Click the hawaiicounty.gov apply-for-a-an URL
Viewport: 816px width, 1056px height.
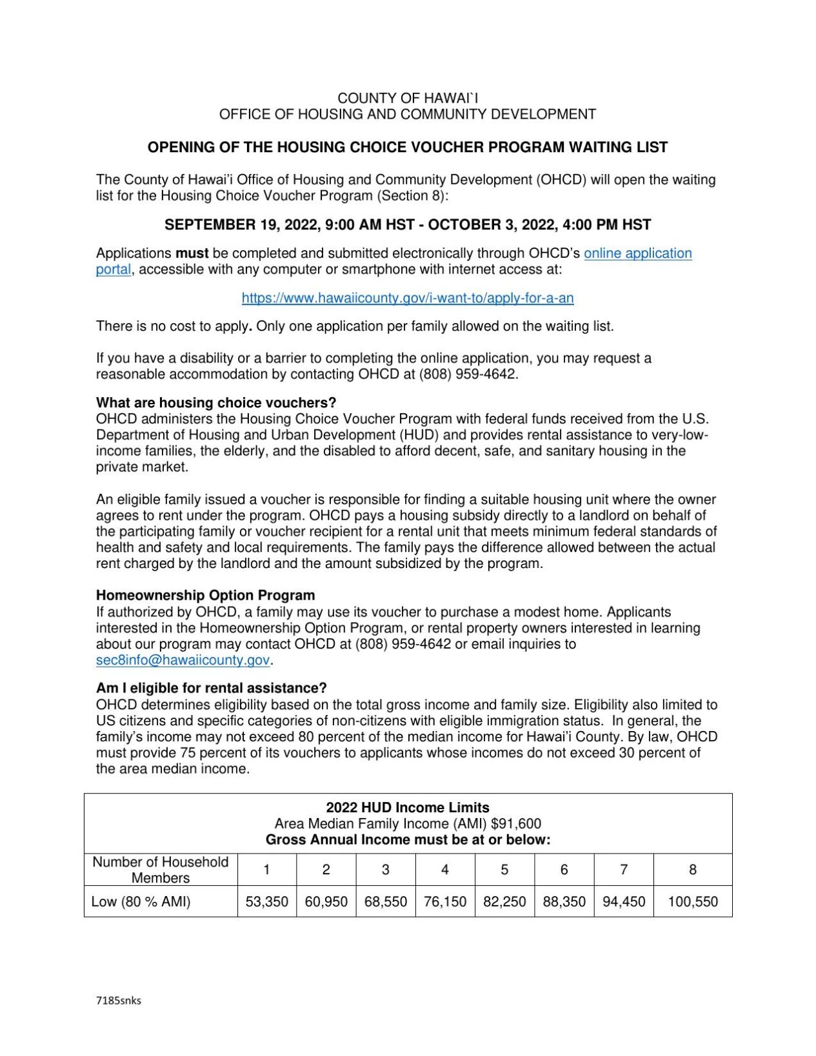coord(407,298)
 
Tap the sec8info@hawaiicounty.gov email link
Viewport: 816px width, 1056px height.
coord(183,660)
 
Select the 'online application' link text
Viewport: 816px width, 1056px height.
coord(637,253)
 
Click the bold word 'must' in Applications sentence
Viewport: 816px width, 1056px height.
coord(192,253)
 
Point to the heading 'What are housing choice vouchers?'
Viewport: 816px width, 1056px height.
coord(216,403)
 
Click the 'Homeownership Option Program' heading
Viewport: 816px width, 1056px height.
coord(205,595)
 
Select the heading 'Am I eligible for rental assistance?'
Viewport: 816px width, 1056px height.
coord(211,688)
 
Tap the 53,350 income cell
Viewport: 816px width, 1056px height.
coord(266,901)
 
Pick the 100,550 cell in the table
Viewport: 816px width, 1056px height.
coord(692,901)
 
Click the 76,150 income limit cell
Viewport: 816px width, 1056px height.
coord(444,901)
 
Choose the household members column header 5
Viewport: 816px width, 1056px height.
coord(504,870)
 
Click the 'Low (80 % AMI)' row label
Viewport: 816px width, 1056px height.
coord(141,901)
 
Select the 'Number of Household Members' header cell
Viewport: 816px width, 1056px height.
coord(160,870)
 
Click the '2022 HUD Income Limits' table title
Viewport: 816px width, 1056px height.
coord(407,808)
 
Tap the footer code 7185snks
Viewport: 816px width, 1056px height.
coord(118,1001)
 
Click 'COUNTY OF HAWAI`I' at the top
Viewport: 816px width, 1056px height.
coord(407,98)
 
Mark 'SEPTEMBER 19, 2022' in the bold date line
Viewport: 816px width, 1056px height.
coord(242,225)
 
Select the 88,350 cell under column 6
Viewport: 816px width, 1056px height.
coord(564,901)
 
